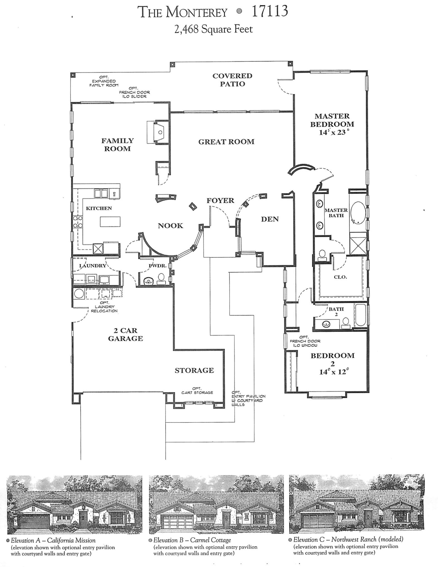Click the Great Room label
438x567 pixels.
pos(226,142)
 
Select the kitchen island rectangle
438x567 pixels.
pos(110,222)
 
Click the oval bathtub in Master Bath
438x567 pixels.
pos(358,213)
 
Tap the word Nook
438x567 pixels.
pos(170,226)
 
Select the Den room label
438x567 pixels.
pos(270,219)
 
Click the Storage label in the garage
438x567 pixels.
pos(194,370)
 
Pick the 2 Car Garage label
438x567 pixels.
pos(125,334)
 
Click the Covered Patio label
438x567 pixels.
pos(232,80)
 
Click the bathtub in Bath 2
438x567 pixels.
pos(360,315)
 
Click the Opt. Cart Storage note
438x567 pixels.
pos(197,391)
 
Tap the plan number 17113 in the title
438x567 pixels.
pos(270,12)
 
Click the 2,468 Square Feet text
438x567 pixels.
pos(213,29)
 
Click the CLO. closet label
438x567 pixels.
pos(340,277)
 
